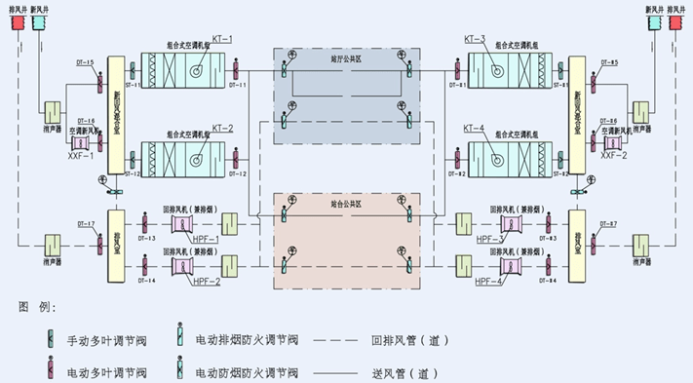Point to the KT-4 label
475,128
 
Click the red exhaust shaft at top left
17,20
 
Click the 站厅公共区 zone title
346,57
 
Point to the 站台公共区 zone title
346,206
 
